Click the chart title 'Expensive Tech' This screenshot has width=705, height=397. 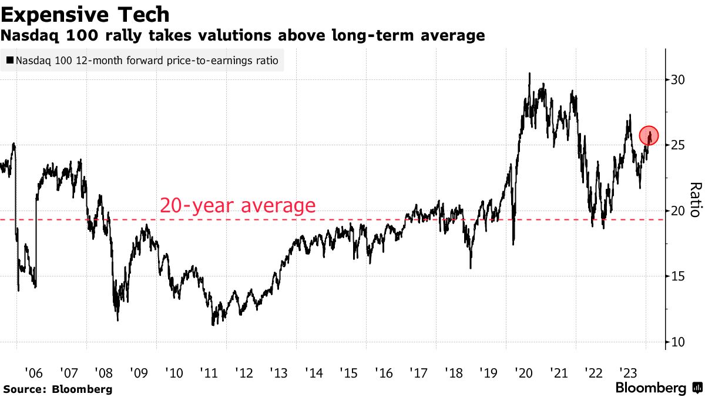click(x=86, y=14)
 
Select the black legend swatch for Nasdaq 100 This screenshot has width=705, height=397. click(x=10, y=60)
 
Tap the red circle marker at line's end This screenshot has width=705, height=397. click(x=649, y=135)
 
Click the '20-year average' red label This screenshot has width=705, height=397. click(x=237, y=206)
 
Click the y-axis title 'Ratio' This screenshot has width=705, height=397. click(x=695, y=200)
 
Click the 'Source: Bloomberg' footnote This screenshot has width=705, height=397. click(x=58, y=389)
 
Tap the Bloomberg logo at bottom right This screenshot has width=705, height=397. click(x=658, y=388)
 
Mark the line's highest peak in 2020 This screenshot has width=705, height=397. click(x=529, y=74)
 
